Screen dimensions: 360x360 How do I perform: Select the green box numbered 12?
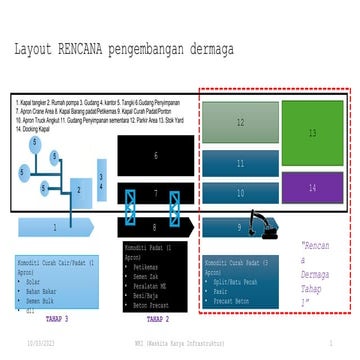(x=240, y=122)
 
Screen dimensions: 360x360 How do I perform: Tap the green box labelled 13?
(x=312, y=132)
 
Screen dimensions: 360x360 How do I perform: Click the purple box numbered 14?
(x=312, y=187)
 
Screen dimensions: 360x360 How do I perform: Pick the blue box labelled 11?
(x=240, y=163)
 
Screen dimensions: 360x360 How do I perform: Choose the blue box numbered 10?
(x=240, y=190)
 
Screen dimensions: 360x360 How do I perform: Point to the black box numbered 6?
(x=155, y=156)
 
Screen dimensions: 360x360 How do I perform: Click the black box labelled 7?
(x=155, y=191)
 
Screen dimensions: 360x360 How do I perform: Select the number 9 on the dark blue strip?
(x=239, y=227)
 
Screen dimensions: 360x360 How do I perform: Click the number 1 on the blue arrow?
(x=55, y=228)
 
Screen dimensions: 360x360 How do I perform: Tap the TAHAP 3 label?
(x=58, y=319)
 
